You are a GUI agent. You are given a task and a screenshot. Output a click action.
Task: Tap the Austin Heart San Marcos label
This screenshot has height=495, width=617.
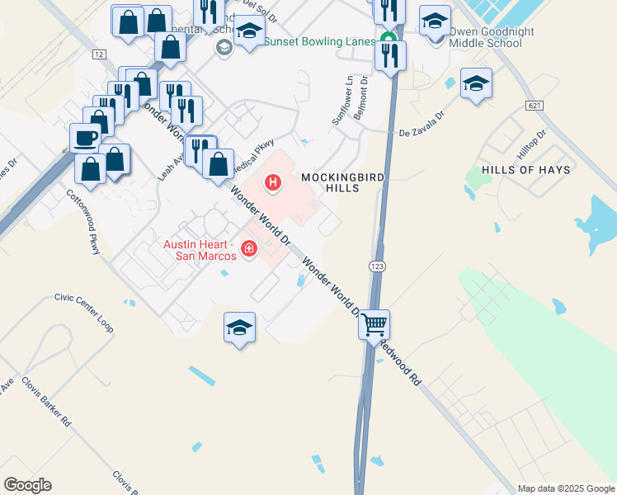coord(200,249)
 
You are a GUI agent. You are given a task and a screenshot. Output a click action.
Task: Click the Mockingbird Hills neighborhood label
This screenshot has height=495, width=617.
coord(330,182)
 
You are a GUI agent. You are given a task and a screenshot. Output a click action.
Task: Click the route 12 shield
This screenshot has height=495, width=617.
coord(100,54)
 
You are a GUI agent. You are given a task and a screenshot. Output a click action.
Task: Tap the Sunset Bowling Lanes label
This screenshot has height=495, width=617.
coord(319,40)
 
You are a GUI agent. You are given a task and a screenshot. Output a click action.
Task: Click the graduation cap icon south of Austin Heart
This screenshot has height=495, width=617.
coord(239,327)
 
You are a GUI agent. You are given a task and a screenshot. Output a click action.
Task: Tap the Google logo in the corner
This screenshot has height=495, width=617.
coord(27,484)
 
